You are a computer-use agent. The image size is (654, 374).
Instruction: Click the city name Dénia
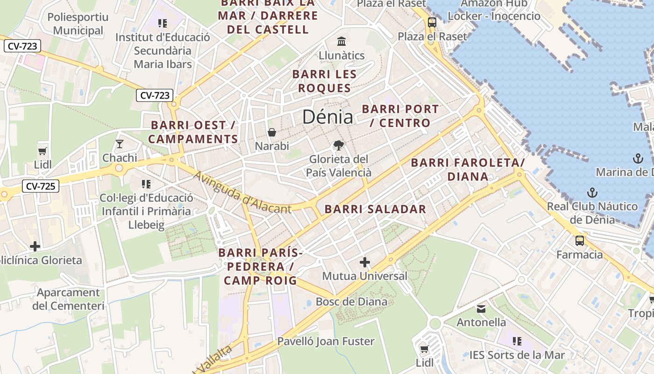[327, 117]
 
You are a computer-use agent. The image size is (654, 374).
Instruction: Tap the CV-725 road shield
[41, 187]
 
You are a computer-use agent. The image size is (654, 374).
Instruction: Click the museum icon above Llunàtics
[341, 41]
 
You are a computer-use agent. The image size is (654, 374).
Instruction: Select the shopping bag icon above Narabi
[272, 133]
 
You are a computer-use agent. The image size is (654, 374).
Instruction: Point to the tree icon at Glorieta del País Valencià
[339, 145]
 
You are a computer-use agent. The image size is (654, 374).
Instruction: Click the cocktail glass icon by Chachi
[120, 144]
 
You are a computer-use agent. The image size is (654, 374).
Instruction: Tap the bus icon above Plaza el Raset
[432, 22]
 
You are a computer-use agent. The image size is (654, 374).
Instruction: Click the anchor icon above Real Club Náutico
[592, 193]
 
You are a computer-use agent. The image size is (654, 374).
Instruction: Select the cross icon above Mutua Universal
[365, 262]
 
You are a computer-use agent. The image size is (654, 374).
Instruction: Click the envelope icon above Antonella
[481, 309]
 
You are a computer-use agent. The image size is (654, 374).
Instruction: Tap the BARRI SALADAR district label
[376, 209]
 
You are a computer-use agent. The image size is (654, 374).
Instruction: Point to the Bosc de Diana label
[351, 302]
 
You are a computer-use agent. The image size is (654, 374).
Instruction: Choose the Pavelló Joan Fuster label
[326, 341]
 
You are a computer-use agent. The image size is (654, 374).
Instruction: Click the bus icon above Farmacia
[580, 241]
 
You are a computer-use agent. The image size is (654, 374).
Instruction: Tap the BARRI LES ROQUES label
[324, 81]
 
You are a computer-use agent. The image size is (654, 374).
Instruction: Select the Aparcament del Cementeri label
[68, 299]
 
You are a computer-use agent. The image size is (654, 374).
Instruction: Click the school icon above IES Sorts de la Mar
[517, 341]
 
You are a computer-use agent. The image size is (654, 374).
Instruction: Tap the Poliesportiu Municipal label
[78, 24]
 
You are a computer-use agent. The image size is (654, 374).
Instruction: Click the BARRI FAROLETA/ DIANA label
[468, 169]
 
